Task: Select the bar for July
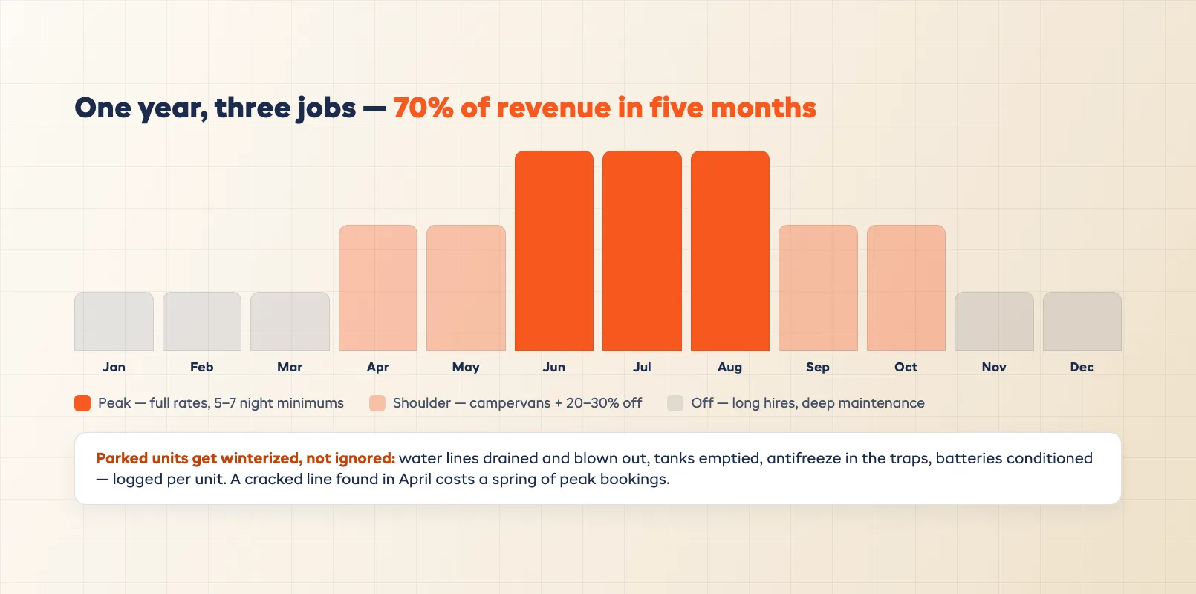point(642,251)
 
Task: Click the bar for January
point(114,322)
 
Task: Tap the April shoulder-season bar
point(378,288)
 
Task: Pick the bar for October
point(906,288)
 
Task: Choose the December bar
point(1082,322)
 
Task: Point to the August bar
point(730,251)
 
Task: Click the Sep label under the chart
point(817,368)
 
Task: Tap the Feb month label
point(202,368)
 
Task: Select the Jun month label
point(553,368)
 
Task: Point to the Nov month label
point(994,368)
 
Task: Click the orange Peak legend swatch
point(82,403)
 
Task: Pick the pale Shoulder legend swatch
point(377,403)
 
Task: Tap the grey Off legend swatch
point(675,403)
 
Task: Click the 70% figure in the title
point(423,108)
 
